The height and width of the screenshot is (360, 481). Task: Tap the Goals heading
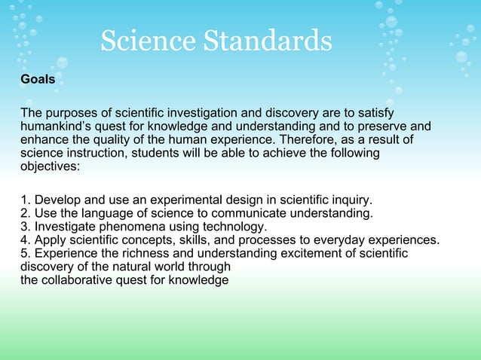[38, 79]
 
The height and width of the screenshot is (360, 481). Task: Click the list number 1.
[26, 200]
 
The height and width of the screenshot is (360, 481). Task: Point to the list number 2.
[26, 213]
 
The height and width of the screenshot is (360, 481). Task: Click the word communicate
[248, 213]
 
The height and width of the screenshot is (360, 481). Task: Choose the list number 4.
[26, 240]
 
